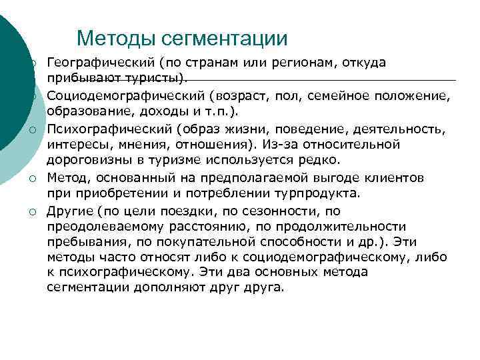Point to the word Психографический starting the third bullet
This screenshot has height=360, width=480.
coord(109,128)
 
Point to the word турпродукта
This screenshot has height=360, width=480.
coord(320,193)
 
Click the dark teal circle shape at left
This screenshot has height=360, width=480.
coord(10,87)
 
